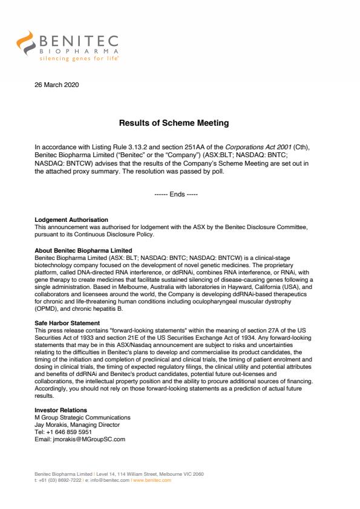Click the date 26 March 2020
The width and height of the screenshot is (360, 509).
tap(57, 85)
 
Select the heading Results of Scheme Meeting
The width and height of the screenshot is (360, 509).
tap(173, 123)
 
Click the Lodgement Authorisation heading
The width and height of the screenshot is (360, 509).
tap(71, 219)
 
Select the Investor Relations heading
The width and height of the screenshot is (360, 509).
tap(62, 410)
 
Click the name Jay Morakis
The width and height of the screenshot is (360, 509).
tap(54, 425)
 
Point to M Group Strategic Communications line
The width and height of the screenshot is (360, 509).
tap(82, 418)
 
